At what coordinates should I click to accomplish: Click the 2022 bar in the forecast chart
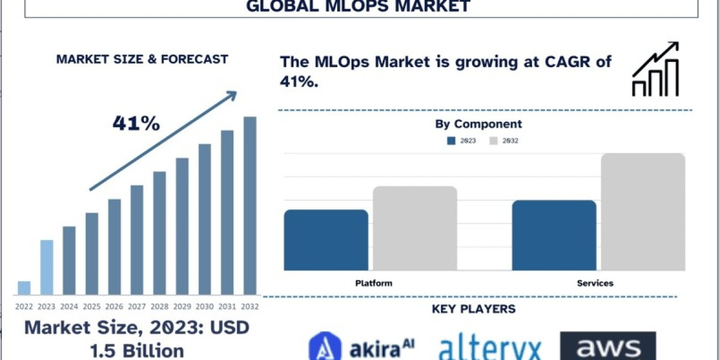(24, 288)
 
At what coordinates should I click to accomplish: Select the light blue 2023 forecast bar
(47, 268)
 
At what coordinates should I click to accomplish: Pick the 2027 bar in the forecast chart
(137, 240)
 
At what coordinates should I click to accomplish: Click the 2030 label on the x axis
(205, 306)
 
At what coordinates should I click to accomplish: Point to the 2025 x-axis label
(92, 306)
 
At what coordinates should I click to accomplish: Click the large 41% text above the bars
(136, 124)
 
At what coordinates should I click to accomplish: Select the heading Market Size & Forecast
(142, 59)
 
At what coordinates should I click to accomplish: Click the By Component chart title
(478, 124)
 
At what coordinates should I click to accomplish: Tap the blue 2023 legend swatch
(451, 141)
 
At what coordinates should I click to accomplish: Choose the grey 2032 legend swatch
(493, 141)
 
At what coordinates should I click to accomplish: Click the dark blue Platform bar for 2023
(326, 240)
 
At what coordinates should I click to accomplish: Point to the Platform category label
(373, 283)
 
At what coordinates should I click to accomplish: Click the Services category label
(595, 283)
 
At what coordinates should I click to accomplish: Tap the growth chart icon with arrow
(655, 70)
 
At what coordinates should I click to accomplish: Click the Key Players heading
(473, 309)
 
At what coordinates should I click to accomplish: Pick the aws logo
(608, 347)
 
